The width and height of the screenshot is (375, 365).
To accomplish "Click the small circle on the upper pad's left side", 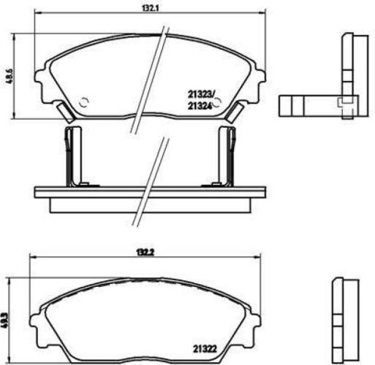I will click(x=84, y=102).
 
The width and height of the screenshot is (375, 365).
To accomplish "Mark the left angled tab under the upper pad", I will click(x=64, y=112).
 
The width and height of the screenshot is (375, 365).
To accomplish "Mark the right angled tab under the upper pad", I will click(x=237, y=112).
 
